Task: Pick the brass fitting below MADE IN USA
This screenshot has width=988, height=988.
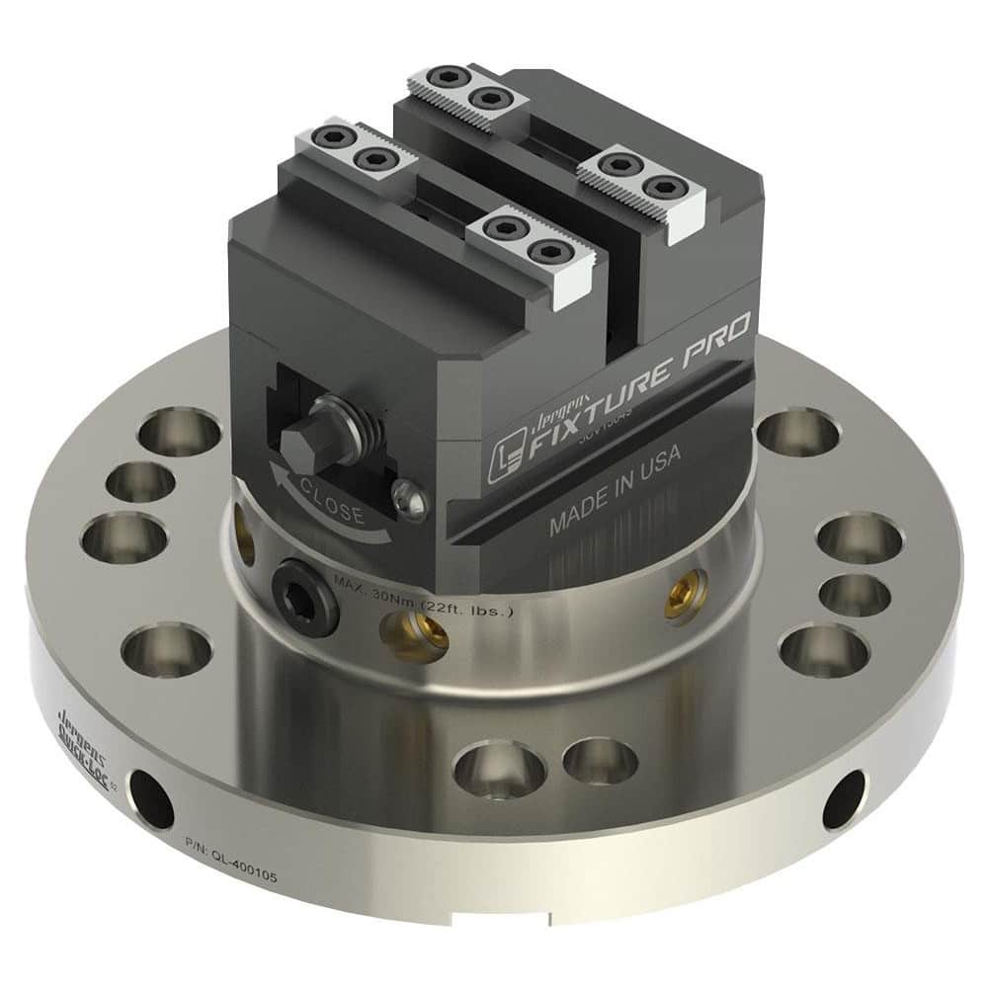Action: [x=679, y=594]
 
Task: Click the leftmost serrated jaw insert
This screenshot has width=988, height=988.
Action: [x=352, y=147]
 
